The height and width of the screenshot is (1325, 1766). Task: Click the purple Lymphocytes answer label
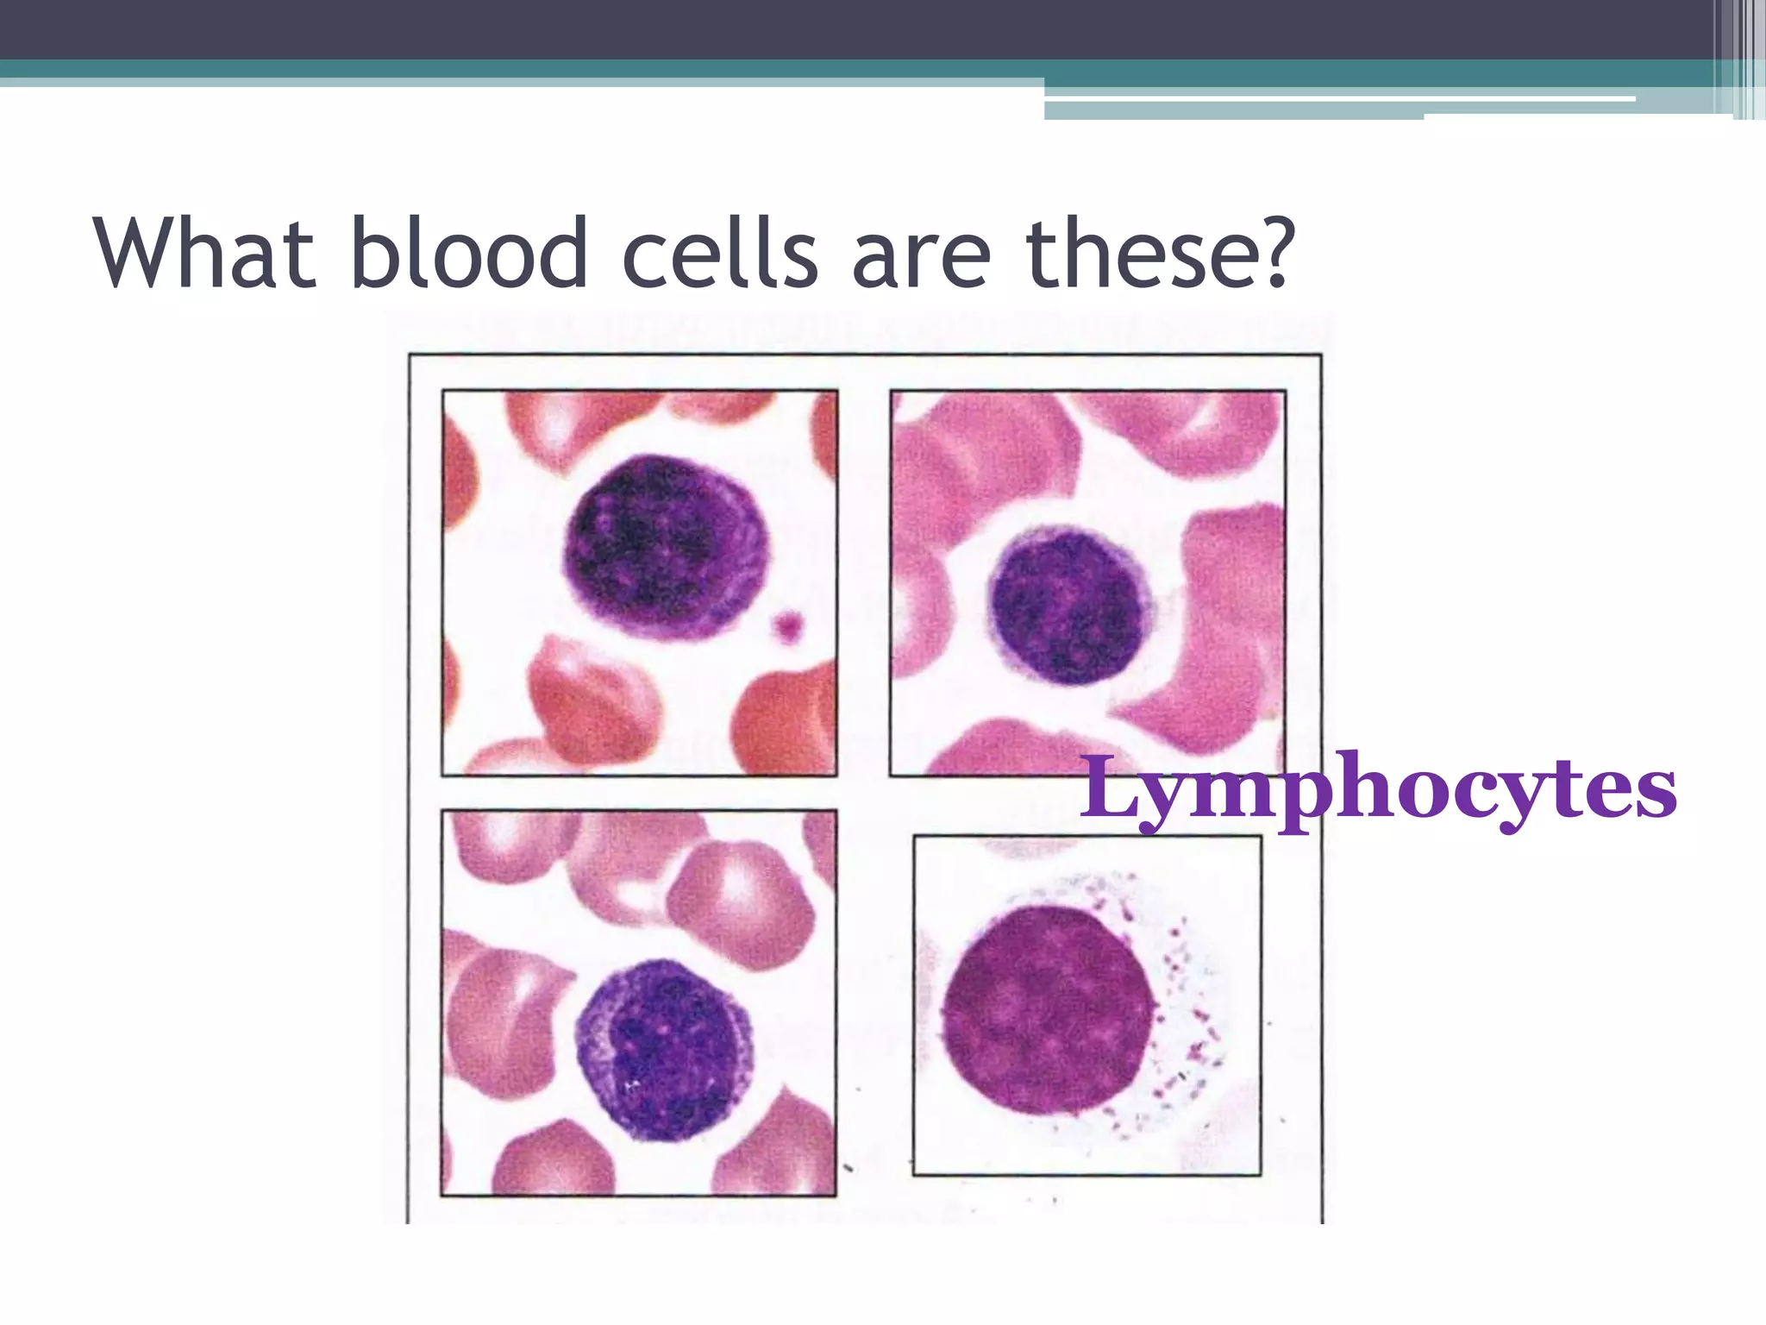point(1377,789)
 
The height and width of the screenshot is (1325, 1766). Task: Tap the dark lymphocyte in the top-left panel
point(664,547)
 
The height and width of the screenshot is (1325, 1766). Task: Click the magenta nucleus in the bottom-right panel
point(1047,1010)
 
